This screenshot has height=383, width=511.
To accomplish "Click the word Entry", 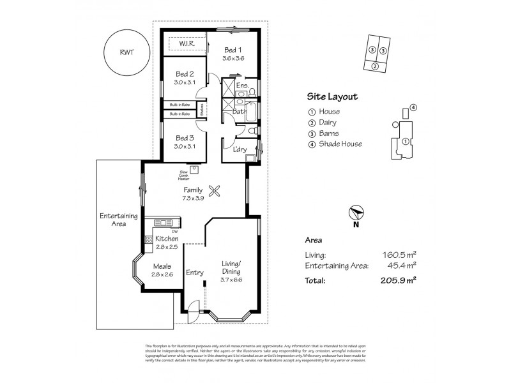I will (194, 273).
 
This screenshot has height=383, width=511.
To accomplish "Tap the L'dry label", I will (240, 149).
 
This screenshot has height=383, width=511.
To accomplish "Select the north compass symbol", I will (356, 216).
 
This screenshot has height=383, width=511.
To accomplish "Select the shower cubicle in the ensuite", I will (227, 87).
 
